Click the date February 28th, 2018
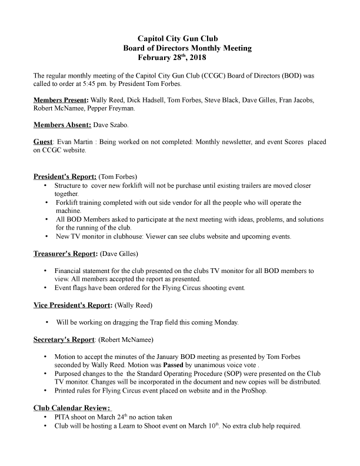coord(172,58)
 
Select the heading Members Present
coord(61,100)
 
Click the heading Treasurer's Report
coord(65,254)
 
